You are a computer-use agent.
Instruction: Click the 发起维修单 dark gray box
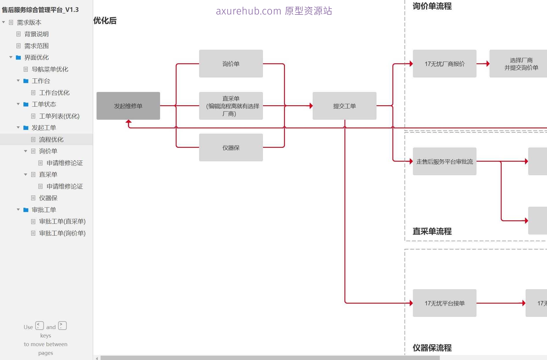pyautogui.click(x=128, y=106)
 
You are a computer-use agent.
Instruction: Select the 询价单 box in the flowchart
pyautogui.click(x=231, y=64)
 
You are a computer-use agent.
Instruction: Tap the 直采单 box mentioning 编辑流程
pyautogui.click(x=231, y=106)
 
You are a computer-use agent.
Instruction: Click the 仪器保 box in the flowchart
pyautogui.click(x=231, y=147)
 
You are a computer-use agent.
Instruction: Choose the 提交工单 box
pyautogui.click(x=344, y=106)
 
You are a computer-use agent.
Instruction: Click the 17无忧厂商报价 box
pyautogui.click(x=444, y=64)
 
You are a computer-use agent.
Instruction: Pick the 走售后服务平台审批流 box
pyautogui.click(x=444, y=161)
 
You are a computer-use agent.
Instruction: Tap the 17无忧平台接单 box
pyautogui.click(x=444, y=303)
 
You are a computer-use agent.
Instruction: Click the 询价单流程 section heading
pyautogui.click(x=432, y=6)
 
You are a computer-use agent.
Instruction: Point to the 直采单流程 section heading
pyautogui.click(x=432, y=231)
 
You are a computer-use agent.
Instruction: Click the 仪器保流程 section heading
pyautogui.click(x=432, y=348)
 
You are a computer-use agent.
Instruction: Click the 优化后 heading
pyautogui.click(x=105, y=21)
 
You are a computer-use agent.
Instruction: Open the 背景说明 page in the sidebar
pyautogui.click(x=36, y=34)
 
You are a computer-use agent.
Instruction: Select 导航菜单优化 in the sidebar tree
pyautogui.click(x=50, y=69)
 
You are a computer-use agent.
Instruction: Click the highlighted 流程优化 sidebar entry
pyautogui.click(x=51, y=140)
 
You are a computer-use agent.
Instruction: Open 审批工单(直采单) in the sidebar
pyautogui.click(x=62, y=221)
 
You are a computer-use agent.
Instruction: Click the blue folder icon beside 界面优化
pyautogui.click(x=18, y=58)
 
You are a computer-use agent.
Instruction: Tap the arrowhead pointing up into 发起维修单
pyautogui.click(x=129, y=122)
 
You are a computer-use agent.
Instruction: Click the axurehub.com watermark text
pyautogui.click(x=274, y=11)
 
